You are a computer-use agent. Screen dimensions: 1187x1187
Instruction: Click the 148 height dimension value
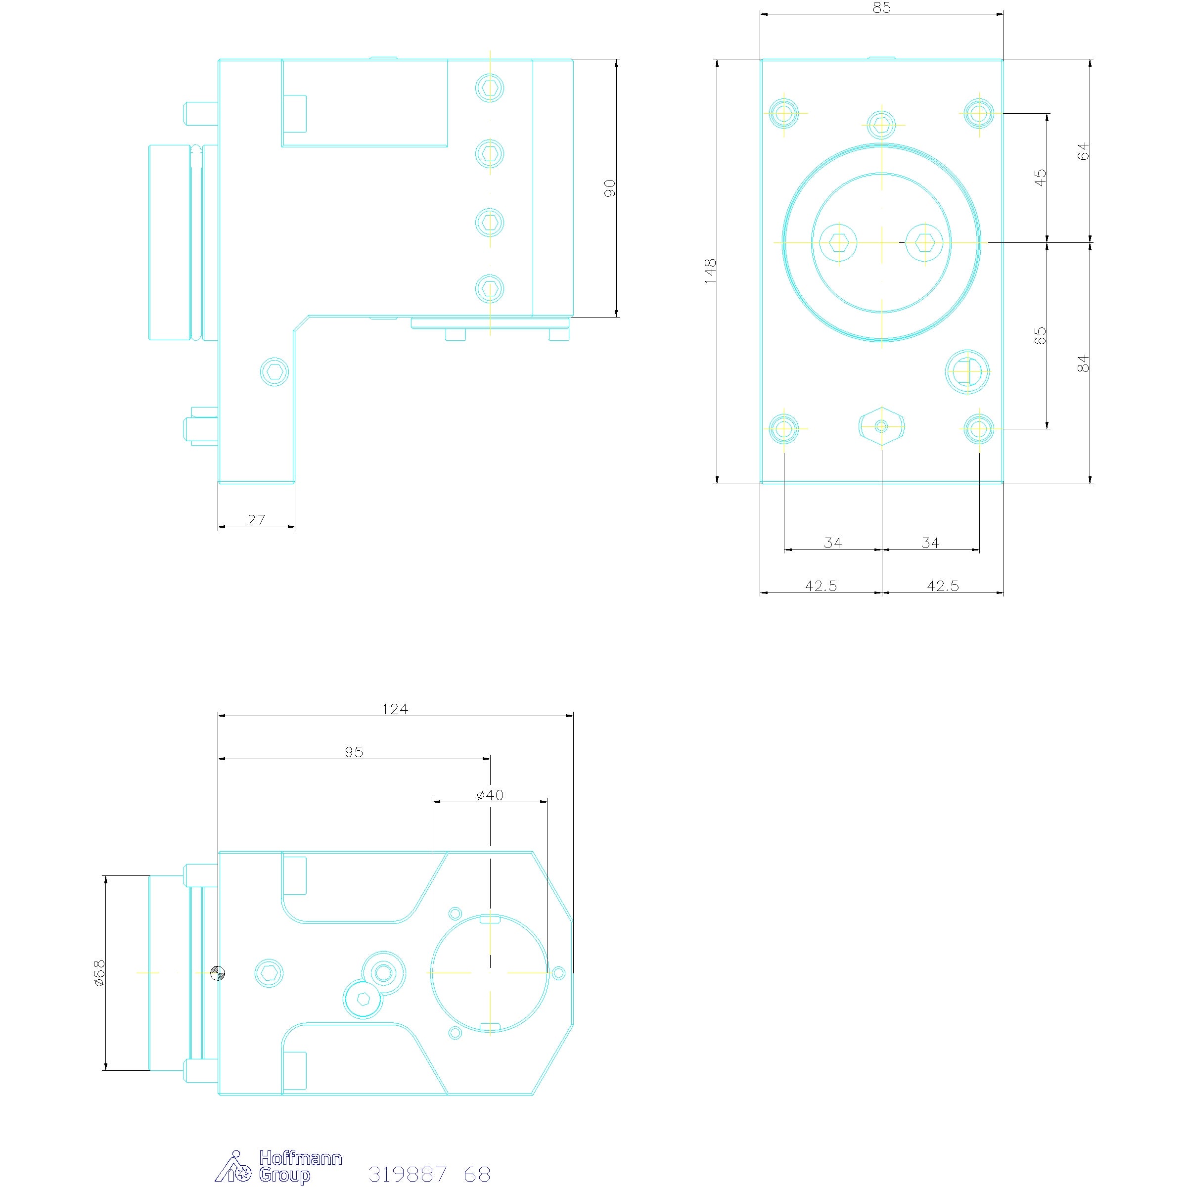tap(710, 271)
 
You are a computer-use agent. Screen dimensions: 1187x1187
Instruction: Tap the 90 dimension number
tap(609, 188)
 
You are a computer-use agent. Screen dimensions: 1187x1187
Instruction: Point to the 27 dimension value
tap(256, 520)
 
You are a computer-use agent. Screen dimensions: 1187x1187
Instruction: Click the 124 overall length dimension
tap(395, 709)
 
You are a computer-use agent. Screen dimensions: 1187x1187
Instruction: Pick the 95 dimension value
tap(354, 752)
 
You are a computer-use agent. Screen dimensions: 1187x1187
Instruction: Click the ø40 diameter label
tap(490, 795)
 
